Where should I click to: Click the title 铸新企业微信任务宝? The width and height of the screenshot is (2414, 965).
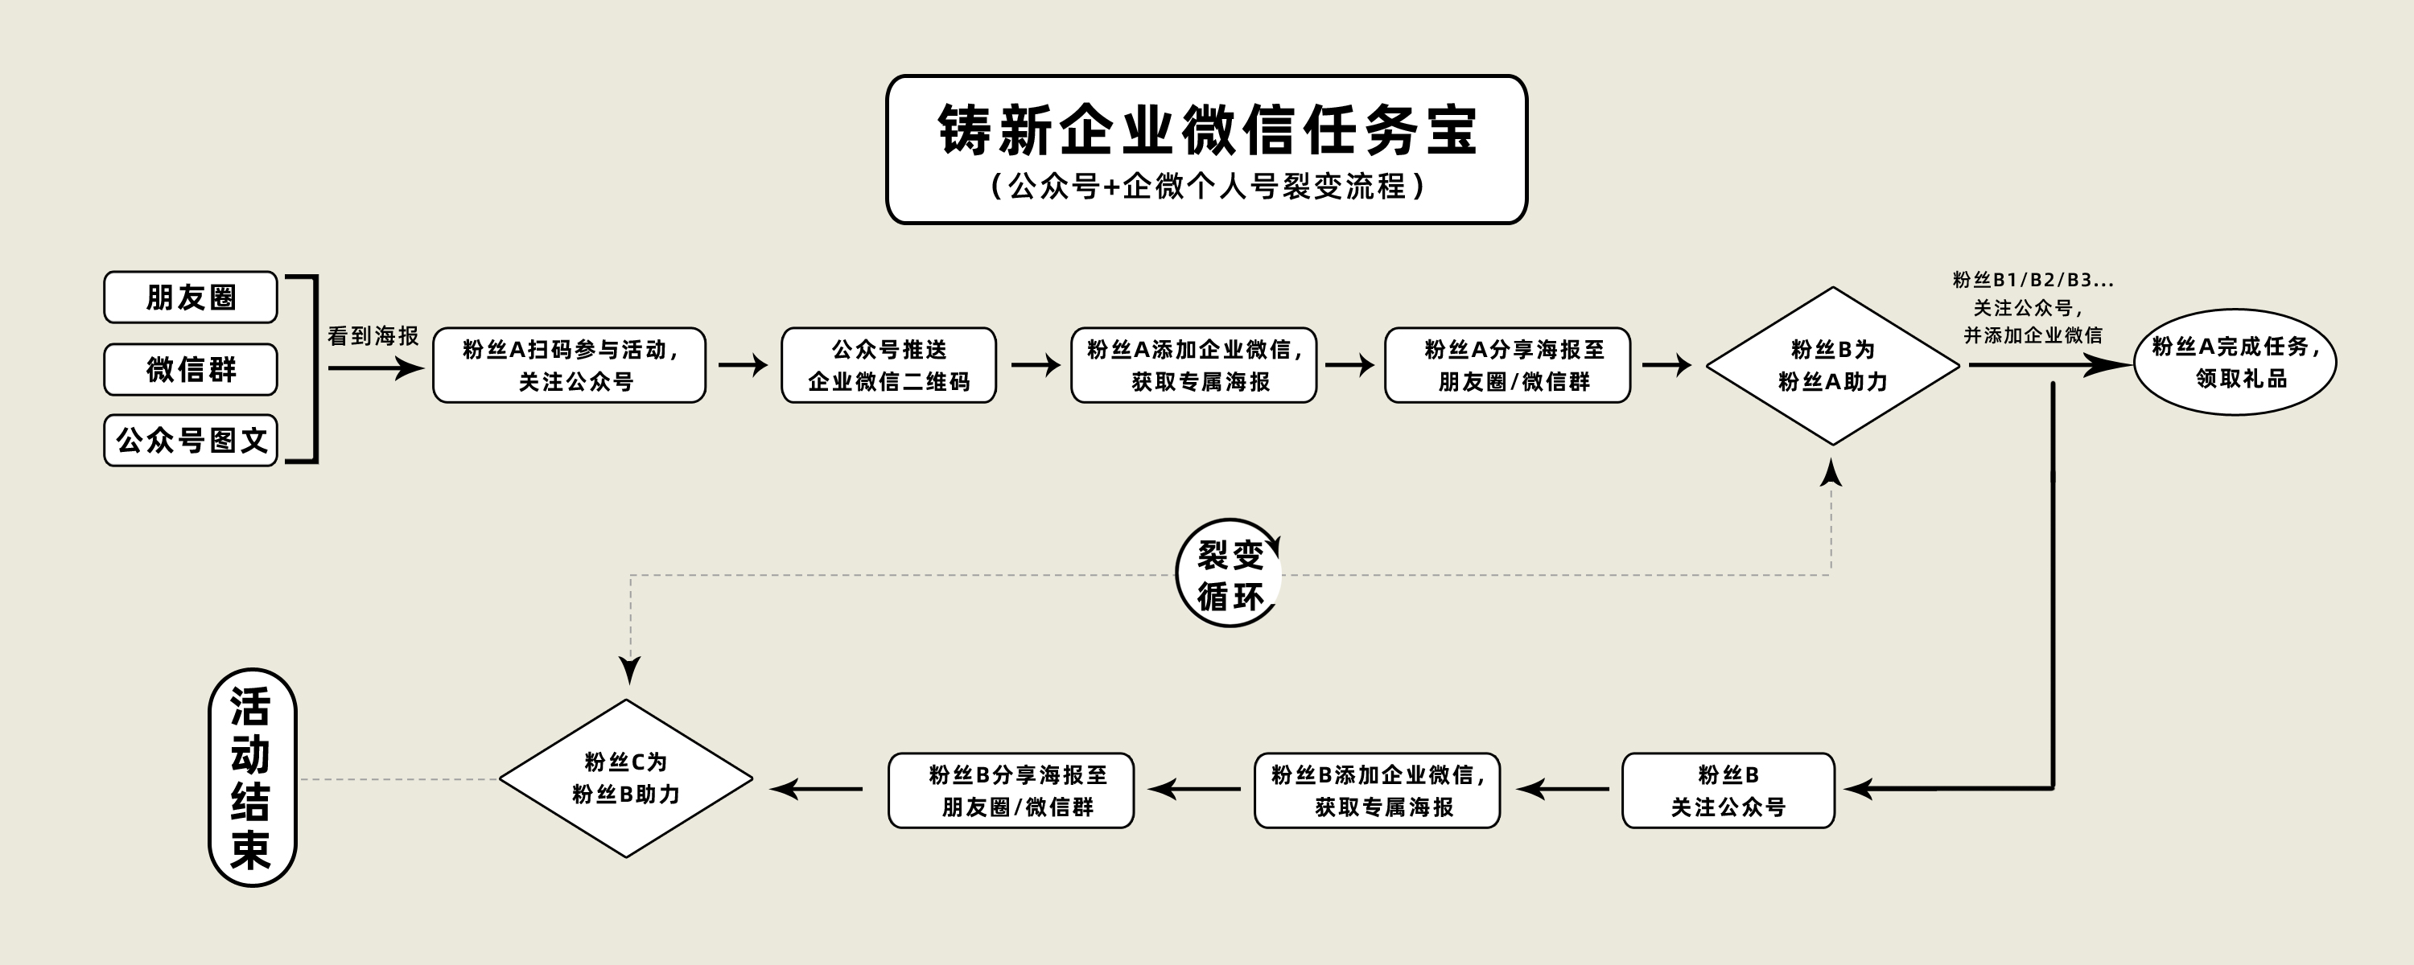click(x=1207, y=129)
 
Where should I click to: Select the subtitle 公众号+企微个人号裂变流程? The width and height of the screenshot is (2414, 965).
click(x=1207, y=187)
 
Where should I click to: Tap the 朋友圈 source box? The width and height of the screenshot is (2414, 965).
click(x=190, y=297)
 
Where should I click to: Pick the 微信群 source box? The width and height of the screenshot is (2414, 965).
click(x=190, y=369)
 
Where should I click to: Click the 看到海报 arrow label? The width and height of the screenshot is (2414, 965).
click(x=373, y=336)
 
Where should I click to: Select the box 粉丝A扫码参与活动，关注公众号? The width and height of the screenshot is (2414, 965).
click(x=569, y=365)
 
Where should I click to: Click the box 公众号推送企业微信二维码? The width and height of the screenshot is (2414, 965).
click(x=888, y=365)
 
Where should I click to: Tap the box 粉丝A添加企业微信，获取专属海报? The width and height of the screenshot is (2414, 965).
click(x=1194, y=365)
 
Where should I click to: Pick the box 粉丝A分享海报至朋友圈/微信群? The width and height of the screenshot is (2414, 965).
click(x=1508, y=365)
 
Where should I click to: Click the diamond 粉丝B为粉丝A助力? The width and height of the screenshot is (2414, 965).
click(x=1832, y=365)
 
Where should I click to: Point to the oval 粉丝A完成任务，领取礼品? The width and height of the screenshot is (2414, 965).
click(x=2235, y=363)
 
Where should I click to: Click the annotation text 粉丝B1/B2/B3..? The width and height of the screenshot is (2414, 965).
click(x=2033, y=280)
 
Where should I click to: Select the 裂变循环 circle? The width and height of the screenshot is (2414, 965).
click(x=1230, y=573)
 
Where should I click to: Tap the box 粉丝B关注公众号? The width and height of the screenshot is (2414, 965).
click(x=1728, y=790)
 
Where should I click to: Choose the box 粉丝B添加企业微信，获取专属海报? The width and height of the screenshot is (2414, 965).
click(x=1377, y=790)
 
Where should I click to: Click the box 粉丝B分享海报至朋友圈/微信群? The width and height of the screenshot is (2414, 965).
click(x=1011, y=790)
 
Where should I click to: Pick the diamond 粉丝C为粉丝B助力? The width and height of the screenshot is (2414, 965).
click(x=626, y=778)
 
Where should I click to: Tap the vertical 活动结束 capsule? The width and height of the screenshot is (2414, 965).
click(x=251, y=778)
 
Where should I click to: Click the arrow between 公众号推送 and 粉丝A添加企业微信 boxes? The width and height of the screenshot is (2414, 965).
click(x=1035, y=365)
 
